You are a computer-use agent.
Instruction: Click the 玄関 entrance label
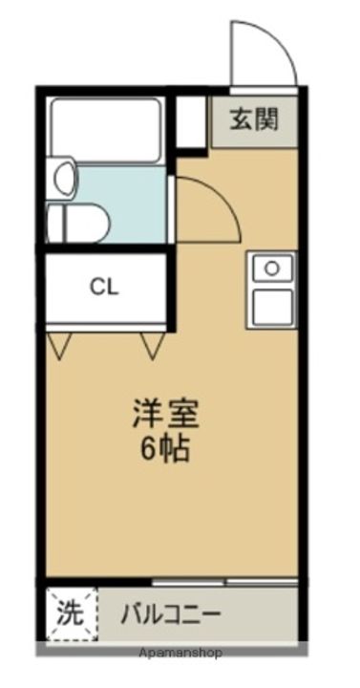coord(253,120)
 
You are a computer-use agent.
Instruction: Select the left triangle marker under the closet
coord(58,345)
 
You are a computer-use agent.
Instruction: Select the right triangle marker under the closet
coord(152,345)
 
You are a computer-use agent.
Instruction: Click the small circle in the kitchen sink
coord(272,269)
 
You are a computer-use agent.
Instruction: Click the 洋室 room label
coord(167,418)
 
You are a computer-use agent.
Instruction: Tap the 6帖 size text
coord(167,449)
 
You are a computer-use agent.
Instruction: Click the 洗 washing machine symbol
coord(70,612)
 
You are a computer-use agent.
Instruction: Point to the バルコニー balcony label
coord(171,613)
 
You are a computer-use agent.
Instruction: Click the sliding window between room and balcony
coord(224,580)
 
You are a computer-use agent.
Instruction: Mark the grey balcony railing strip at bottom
coord(172,646)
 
